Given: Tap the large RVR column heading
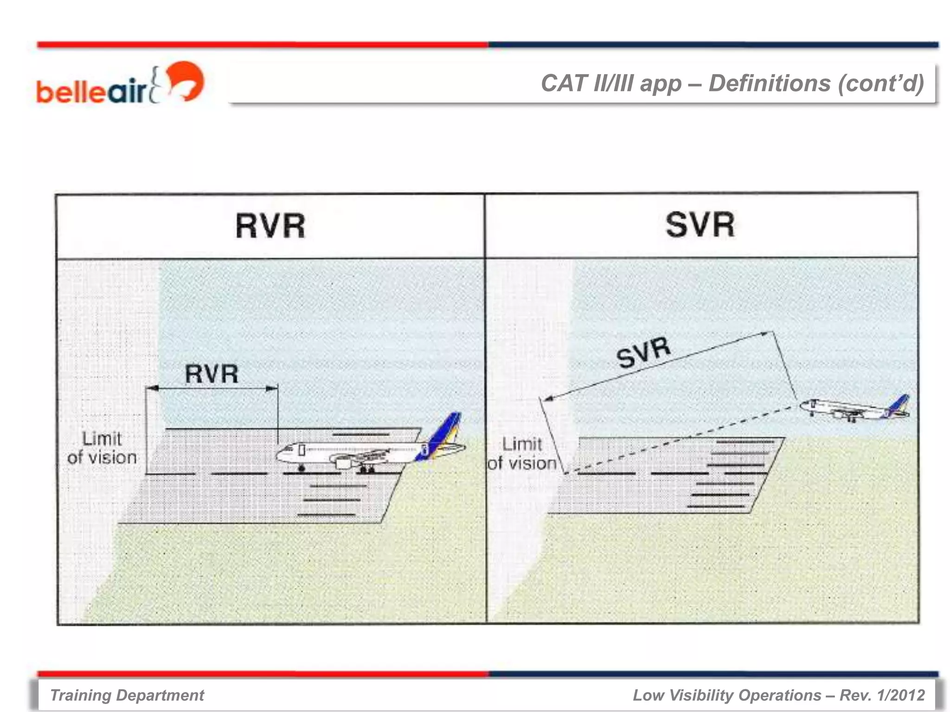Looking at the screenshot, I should pyautogui.click(x=270, y=226).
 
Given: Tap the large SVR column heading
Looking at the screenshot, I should pyautogui.click(x=700, y=225).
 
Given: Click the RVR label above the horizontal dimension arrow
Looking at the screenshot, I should pyautogui.click(x=212, y=374).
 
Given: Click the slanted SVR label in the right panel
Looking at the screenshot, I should pyautogui.click(x=643, y=352).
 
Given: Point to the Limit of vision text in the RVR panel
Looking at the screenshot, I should pyautogui.click(x=102, y=448).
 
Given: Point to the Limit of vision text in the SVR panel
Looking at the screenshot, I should pyautogui.click(x=522, y=454).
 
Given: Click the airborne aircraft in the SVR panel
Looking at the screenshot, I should pyautogui.click(x=854, y=408).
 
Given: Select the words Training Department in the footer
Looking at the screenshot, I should pyautogui.click(x=127, y=695).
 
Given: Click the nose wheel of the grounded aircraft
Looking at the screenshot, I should pyautogui.click(x=302, y=469).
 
